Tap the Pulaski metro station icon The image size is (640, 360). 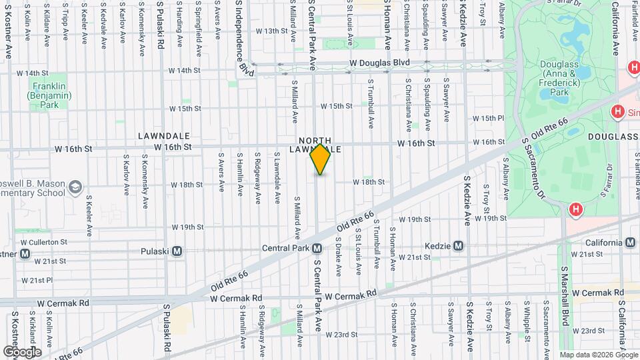coord(177,251)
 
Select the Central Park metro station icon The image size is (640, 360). coord(317,248)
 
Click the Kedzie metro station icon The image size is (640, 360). coord(458,245)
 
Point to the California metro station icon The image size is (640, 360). coord(630,243)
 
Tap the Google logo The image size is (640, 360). coord(22,351)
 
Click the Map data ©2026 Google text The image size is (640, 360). coord(597,355)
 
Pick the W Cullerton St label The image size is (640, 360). coord(44,242)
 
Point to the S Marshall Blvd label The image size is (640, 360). coord(564,300)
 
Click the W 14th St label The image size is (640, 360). coord(33,72)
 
